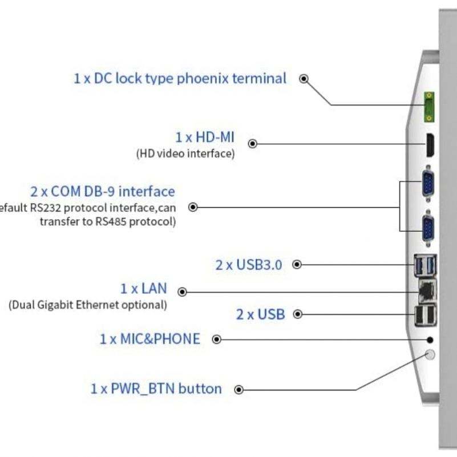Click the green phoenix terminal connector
tap(428, 107)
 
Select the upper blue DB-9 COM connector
tap(427, 185)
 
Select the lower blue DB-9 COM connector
tap(427, 230)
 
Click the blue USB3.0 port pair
tap(425, 265)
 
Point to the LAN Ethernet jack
tap(426, 292)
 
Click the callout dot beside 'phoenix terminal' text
tap(304, 79)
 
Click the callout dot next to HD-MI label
tap(253, 144)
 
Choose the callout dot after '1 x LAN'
tap(182, 292)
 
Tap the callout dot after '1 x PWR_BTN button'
tap(239, 390)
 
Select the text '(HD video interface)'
tap(185, 153)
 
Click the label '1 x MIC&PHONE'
tap(150, 339)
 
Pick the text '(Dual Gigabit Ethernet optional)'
tap(87, 305)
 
